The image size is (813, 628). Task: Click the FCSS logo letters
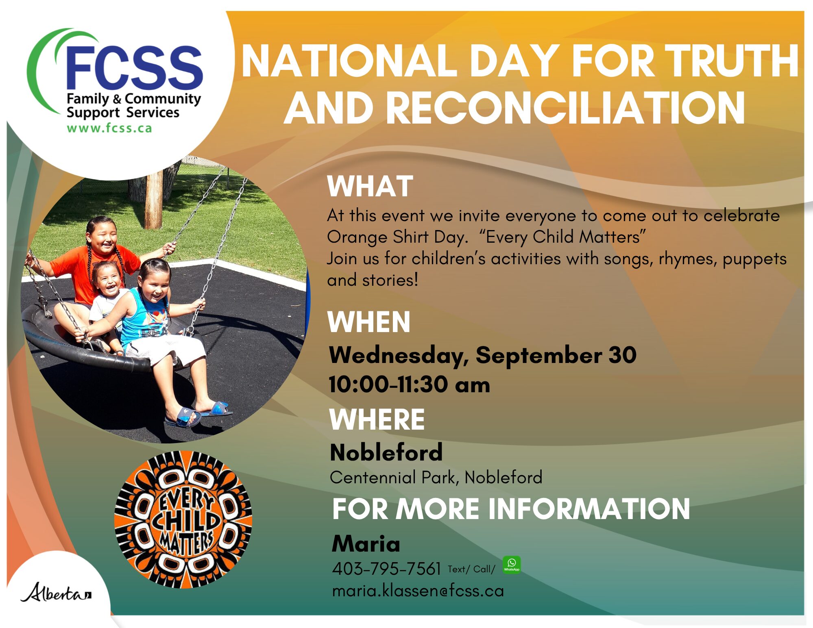[x=134, y=67]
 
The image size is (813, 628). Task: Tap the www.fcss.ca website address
[x=109, y=128]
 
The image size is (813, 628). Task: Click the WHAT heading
[x=370, y=186]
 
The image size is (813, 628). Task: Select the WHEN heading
[x=369, y=322]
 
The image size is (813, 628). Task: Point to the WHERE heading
[x=377, y=419]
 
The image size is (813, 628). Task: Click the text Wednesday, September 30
[x=483, y=355]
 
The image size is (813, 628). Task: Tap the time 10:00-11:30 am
[x=410, y=384]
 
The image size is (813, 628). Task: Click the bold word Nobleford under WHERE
[x=386, y=452]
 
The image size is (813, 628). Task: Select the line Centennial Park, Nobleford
[x=436, y=477]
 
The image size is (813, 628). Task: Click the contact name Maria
[x=366, y=543]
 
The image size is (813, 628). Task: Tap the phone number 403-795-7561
[x=386, y=569]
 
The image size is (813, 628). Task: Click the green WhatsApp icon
[x=512, y=565]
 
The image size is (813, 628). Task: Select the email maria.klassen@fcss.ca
[x=418, y=591]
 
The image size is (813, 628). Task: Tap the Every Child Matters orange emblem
[x=183, y=519]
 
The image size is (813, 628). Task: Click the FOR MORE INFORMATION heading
[x=511, y=509]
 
